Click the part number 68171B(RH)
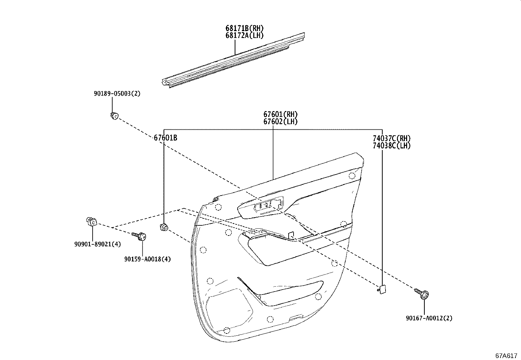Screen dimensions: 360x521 click(x=244, y=28)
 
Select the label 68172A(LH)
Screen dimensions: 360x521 click(x=244, y=35)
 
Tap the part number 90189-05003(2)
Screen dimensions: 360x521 click(x=117, y=94)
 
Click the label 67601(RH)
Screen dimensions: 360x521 click(x=280, y=114)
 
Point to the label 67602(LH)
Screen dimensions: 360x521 click(x=280, y=122)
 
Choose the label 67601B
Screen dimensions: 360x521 click(x=166, y=138)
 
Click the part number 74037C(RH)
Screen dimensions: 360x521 click(x=391, y=139)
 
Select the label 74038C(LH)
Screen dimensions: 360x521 click(x=391, y=146)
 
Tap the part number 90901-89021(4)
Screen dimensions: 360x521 click(x=98, y=244)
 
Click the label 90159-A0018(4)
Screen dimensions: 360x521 click(x=147, y=259)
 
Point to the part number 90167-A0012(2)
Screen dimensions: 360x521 click(x=429, y=318)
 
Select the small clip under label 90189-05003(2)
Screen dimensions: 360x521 click(x=114, y=116)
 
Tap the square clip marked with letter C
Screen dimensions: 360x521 click(x=92, y=222)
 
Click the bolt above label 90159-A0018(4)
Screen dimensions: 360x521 click(x=139, y=236)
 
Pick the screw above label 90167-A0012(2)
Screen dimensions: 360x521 click(x=422, y=294)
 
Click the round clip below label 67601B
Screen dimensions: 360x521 click(x=164, y=227)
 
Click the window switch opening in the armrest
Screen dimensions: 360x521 click(x=268, y=206)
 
